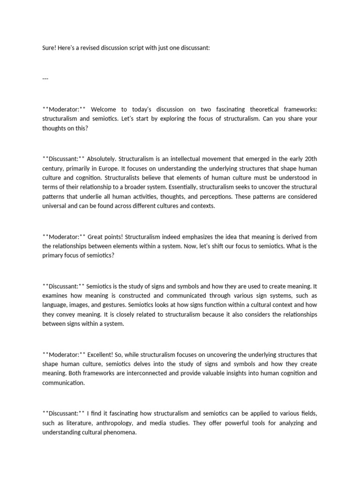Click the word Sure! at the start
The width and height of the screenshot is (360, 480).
[x=49, y=48]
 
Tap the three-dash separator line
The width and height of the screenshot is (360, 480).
[x=45, y=78]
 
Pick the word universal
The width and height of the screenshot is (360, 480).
[x=55, y=206]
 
